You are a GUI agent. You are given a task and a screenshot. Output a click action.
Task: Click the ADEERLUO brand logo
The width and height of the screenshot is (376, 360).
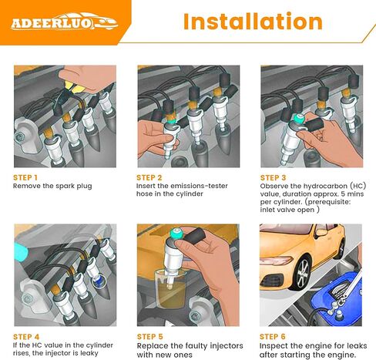65,22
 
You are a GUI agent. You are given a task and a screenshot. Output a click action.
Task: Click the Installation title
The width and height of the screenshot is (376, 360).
253,22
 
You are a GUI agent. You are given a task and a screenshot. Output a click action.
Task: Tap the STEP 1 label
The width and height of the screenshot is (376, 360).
25,177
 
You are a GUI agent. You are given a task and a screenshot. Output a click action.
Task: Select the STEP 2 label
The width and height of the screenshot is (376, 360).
149,177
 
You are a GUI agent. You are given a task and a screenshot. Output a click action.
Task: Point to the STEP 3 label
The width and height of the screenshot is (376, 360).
273,177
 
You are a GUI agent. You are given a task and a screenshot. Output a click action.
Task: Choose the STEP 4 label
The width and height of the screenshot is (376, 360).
26,337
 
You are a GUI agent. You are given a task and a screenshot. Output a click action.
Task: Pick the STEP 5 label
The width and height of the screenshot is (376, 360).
150,337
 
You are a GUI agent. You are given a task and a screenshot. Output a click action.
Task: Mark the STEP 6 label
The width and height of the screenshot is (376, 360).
273,337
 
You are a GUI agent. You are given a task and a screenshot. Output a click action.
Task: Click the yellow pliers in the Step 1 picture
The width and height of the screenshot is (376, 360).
75,87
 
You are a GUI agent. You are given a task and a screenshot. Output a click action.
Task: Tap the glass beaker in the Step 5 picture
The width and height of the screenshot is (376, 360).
170,288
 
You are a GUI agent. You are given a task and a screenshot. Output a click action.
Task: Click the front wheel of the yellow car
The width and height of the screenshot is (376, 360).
302,274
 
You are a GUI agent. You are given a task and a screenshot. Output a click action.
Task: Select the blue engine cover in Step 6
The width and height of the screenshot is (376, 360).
337,298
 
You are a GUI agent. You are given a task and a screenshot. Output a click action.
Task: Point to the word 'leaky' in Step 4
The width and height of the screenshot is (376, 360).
89,353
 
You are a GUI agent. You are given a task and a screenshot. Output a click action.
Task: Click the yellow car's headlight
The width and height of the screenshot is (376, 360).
276,261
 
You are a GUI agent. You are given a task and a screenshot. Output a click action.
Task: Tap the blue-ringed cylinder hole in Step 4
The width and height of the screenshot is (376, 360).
99,281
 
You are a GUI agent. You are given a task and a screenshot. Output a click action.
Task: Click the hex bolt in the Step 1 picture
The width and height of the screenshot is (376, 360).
19,136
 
